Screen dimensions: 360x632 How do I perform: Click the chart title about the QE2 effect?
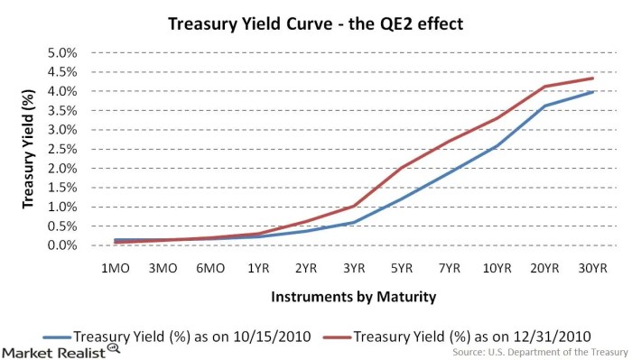click(x=316, y=24)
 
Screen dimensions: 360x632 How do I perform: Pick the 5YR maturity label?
click(x=404, y=268)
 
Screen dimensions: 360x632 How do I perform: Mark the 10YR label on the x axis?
click(x=498, y=268)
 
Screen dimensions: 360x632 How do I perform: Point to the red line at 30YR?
click(x=592, y=78)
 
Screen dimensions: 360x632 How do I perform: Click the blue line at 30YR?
click(x=592, y=91)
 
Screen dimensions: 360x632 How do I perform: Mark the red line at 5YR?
click(x=404, y=167)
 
